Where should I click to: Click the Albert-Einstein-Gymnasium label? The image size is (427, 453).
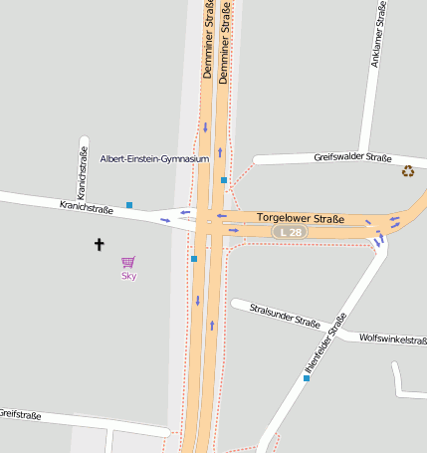(155, 158)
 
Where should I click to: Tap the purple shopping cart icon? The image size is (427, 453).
(128, 263)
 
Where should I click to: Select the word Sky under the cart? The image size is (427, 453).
(128, 276)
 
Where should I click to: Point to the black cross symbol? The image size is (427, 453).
(99, 243)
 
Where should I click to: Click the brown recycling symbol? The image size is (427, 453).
(408, 171)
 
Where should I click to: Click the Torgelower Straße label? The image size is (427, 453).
(301, 218)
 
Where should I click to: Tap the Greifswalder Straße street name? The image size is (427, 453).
(352, 157)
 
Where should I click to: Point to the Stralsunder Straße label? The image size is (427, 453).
(285, 317)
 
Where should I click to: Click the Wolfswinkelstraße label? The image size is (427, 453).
(393, 340)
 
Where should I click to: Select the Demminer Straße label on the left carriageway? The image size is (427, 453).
(208, 40)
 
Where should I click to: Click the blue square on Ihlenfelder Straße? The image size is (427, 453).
(307, 378)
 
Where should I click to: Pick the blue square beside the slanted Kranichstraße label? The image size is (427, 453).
(129, 205)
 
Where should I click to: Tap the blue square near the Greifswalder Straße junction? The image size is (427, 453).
(224, 180)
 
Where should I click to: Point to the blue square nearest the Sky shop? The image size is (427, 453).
(194, 259)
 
